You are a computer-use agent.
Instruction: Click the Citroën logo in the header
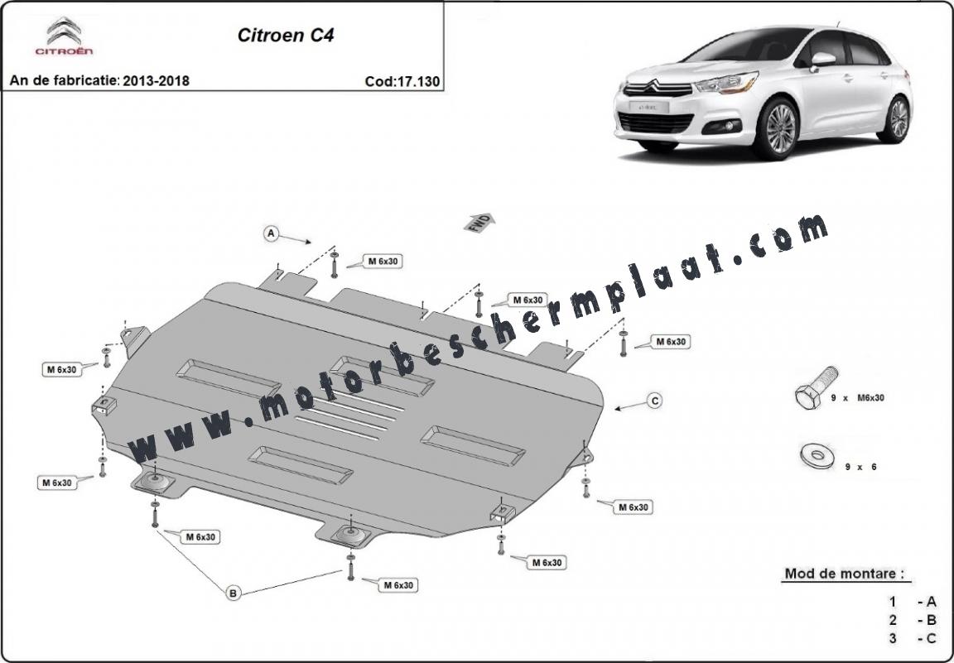click(x=64, y=36)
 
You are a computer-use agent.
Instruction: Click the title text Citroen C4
click(x=286, y=36)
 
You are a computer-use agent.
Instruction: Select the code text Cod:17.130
click(x=402, y=81)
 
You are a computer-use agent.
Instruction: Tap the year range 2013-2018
click(x=156, y=81)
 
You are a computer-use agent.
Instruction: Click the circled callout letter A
click(x=272, y=233)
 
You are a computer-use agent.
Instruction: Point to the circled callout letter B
click(x=233, y=593)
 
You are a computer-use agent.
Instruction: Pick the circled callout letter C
click(x=655, y=401)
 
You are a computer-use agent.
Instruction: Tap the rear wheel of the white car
click(x=896, y=119)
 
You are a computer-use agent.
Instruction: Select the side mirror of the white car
click(x=822, y=60)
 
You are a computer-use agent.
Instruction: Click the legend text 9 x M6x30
click(x=858, y=398)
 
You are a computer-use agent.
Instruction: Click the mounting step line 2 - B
click(x=912, y=621)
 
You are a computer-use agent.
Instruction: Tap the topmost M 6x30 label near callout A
click(x=383, y=262)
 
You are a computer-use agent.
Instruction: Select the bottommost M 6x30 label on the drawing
click(x=398, y=585)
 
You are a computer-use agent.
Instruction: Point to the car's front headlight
click(x=728, y=83)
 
